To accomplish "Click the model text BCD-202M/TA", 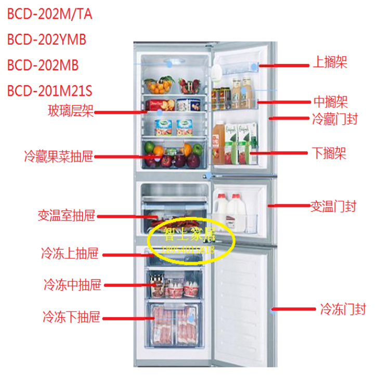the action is coord(50,14).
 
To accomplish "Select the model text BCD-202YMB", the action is coord(47,40).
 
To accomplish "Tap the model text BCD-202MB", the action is coord(43,66).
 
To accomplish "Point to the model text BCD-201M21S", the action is coord(50,92).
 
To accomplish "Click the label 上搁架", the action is coord(330,63).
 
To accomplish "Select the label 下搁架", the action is coord(329,153).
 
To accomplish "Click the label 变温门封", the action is coord(333,206).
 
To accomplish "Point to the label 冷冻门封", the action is coord(343,309).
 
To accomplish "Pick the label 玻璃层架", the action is coord(71,111).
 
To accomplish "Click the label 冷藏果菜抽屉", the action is coord(58,155).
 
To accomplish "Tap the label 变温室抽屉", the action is coord(67,215).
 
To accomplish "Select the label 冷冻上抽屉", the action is coord(70,254).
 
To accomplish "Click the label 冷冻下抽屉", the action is coord(71,316).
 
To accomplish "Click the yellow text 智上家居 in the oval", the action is coord(190,235).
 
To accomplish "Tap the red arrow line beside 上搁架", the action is coord(283,66).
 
